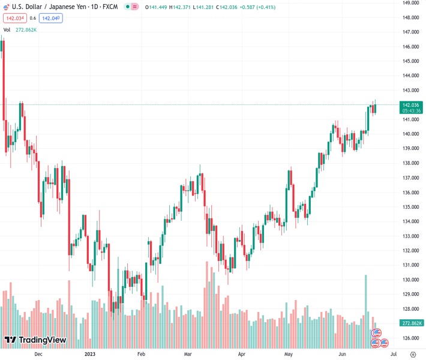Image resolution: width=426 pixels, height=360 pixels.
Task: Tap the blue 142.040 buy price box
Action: (x=52, y=18)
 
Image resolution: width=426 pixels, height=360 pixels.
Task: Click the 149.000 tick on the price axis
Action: (x=410, y=3)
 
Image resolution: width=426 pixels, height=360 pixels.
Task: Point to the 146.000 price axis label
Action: (x=410, y=47)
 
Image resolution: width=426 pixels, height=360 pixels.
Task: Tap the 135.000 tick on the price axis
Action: (x=410, y=207)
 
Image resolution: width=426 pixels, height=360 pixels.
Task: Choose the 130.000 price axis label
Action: (x=410, y=280)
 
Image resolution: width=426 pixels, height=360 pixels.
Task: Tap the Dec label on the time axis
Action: (x=38, y=354)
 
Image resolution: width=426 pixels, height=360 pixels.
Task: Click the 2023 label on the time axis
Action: (x=90, y=354)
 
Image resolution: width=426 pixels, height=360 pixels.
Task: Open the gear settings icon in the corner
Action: (x=413, y=354)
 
